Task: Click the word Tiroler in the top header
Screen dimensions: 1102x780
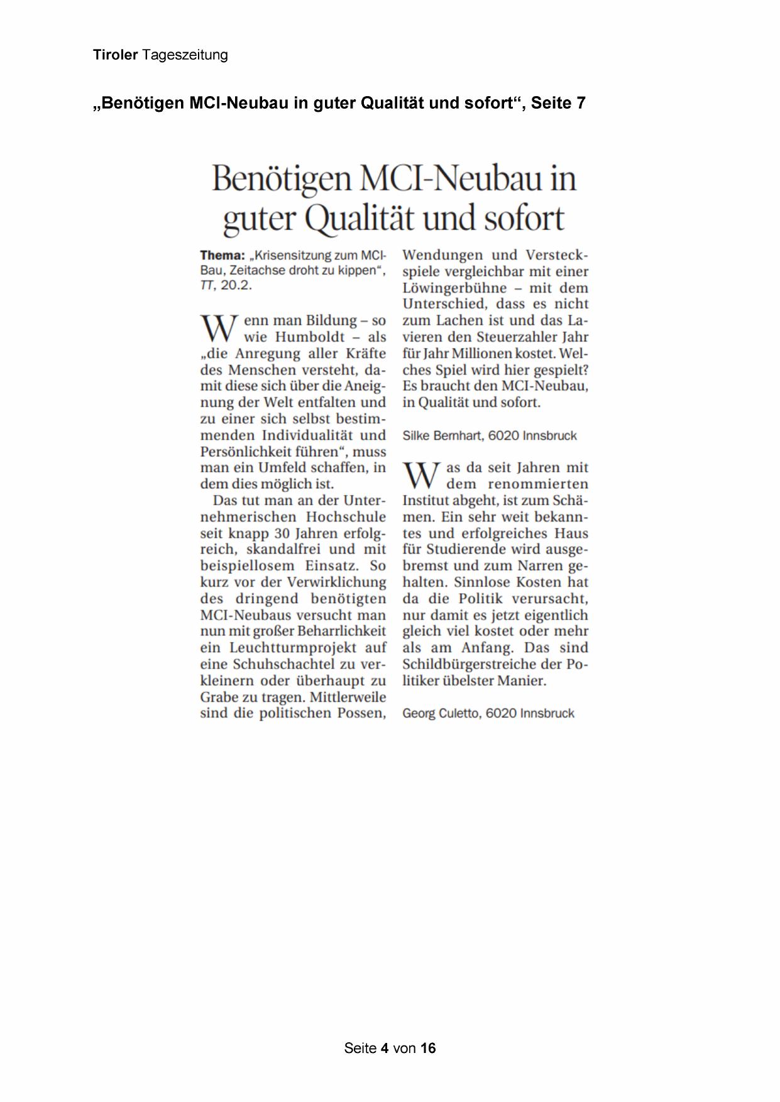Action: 115,55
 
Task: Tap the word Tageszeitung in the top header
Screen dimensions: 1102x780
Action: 185,55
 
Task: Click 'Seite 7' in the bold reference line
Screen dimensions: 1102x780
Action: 558,103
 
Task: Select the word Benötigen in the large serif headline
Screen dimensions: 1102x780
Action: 282,179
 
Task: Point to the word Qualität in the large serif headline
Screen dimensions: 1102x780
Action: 362,219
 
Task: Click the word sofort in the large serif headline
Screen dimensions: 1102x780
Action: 523,219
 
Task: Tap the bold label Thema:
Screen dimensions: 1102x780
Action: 222,255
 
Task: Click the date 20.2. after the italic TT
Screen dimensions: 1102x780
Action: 236,285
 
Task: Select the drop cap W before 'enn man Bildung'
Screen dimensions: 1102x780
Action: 218,329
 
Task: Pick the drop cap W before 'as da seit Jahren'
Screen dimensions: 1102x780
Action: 420,476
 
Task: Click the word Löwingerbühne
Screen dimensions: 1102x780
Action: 454,288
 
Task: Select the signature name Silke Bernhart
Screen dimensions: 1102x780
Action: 442,435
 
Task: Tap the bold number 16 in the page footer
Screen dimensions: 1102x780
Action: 428,1048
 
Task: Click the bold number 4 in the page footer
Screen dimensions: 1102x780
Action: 384,1048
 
